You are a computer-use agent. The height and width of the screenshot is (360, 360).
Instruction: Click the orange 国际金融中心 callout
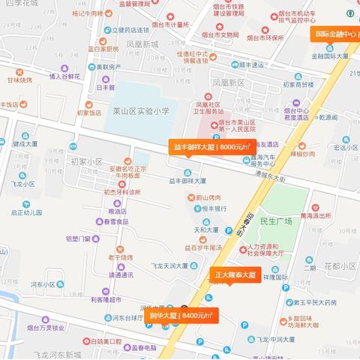pyautogui.click(x=334, y=34)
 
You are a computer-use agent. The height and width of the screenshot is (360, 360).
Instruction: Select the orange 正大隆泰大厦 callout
pyautogui.click(x=234, y=275)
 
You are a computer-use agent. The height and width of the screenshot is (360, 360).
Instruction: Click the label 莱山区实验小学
pyautogui.click(x=140, y=111)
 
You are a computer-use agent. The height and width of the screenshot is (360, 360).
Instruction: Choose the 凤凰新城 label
pyautogui.click(x=142, y=44)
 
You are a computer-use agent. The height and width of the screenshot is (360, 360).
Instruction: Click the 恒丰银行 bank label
pyautogui.click(x=214, y=209)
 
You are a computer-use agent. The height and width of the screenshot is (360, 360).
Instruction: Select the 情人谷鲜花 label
pyautogui.click(x=65, y=76)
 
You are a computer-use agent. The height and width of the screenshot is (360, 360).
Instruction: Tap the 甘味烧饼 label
pyautogui.click(x=20, y=79)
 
